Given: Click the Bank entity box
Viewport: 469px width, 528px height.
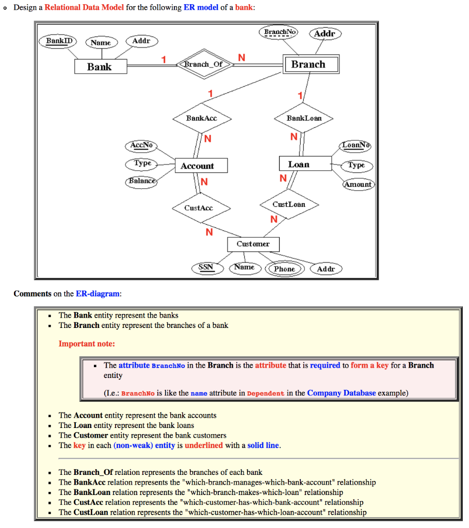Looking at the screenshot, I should coord(100,67).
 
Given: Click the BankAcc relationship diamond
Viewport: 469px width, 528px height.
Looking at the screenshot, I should coord(202,118).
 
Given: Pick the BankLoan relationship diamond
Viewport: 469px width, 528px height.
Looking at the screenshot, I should coord(304,118).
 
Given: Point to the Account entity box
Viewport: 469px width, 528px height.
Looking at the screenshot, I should coord(197,166).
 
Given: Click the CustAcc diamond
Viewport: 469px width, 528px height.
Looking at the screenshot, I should coord(199,208).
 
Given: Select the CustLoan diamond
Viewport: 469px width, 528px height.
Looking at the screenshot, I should coord(289,205).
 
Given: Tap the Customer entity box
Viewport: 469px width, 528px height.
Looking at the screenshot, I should coord(253,243).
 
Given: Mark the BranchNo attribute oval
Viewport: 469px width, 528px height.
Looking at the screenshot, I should coord(280,32).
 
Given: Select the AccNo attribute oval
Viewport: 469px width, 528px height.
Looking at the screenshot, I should coord(141,146).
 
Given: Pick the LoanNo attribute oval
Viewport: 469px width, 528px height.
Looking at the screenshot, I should coord(356,146).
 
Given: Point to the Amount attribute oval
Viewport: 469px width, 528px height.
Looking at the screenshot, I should coord(358,184).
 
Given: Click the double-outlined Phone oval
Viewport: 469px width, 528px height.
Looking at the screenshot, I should coord(284,269).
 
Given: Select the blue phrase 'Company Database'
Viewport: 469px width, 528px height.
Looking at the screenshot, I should coord(341,393).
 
